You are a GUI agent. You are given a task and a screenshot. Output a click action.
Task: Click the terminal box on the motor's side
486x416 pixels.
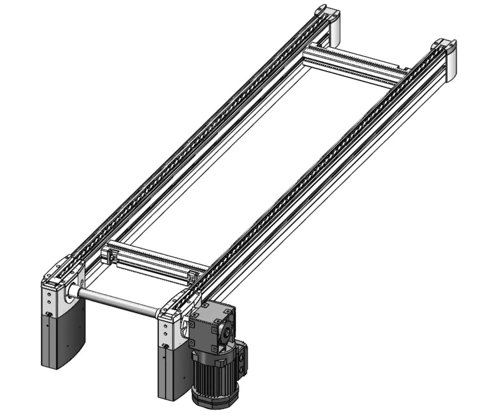243,357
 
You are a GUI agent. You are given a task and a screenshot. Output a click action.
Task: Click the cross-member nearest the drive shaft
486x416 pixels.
153,261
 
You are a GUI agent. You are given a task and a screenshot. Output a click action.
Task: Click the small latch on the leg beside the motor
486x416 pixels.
165,346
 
